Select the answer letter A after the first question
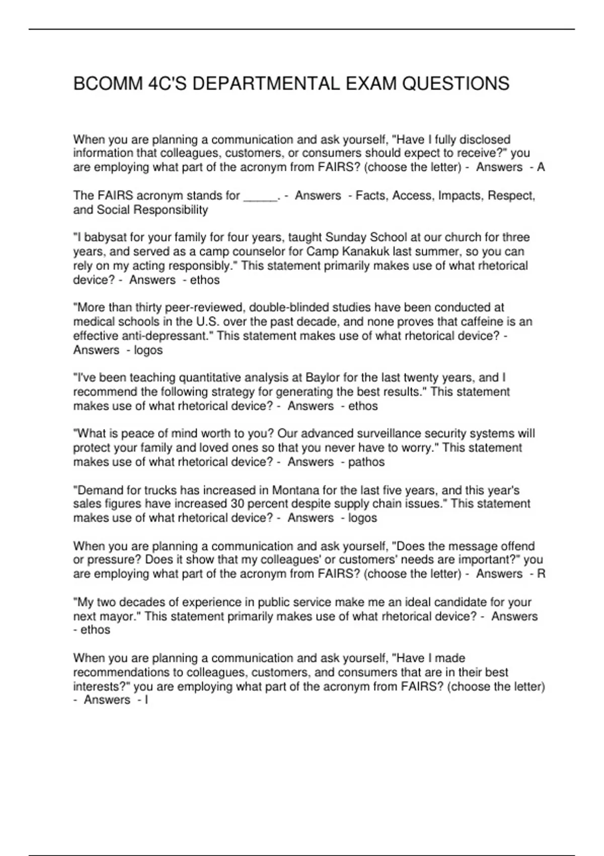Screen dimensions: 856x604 tap(541, 167)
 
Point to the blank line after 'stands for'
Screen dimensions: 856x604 tap(260, 196)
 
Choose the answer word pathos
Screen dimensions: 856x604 tap(366, 462)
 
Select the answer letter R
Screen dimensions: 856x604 tap(541, 574)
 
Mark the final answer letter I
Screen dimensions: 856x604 tap(146, 700)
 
